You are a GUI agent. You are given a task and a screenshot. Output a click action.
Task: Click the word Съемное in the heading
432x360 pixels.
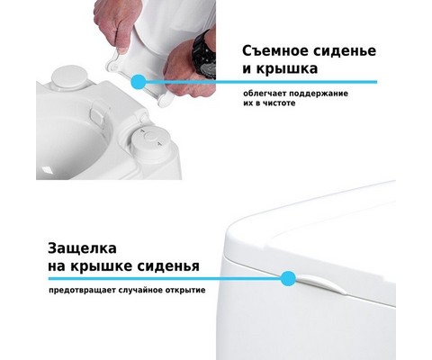(275, 50)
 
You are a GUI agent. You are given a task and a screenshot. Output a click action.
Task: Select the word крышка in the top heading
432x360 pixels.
(287, 68)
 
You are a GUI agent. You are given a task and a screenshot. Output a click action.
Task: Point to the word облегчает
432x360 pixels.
(261, 94)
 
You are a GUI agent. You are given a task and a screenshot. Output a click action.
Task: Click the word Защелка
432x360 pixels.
(82, 248)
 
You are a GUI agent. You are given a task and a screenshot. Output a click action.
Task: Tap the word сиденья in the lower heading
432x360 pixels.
(168, 265)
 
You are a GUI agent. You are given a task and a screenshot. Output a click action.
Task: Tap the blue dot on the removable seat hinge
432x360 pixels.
(139, 82)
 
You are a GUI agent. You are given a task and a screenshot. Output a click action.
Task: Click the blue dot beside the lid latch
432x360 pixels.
(289, 278)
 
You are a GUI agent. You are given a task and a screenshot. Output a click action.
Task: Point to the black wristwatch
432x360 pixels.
(205, 57)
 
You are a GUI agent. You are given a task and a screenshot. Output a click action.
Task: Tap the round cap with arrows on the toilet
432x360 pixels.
(150, 139)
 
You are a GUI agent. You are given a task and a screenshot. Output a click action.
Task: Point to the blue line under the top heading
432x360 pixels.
(258, 82)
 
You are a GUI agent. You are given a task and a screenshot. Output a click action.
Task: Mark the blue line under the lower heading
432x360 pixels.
(168, 278)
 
